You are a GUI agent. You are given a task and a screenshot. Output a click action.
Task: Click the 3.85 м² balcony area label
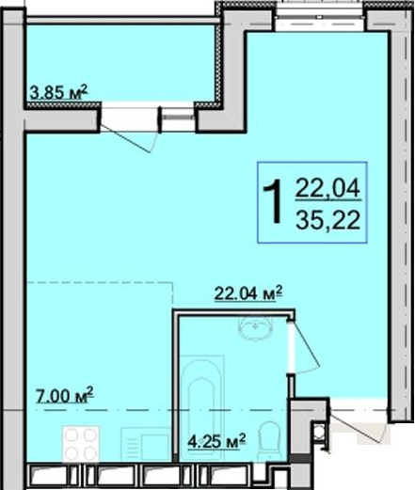click(x=58, y=92)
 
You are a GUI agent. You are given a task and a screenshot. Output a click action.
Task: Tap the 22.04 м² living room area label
click(x=248, y=293)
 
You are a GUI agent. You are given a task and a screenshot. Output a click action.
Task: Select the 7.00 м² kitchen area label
click(x=65, y=396)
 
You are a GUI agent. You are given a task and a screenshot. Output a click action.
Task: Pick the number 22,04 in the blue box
click(x=327, y=188)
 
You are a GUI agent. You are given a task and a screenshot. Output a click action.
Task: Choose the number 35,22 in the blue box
click(x=327, y=220)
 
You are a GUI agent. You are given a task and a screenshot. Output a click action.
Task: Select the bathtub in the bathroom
click(x=202, y=407)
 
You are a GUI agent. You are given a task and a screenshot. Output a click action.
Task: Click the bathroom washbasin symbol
click(x=256, y=328)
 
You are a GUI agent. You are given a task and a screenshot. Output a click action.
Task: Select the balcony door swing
click(x=129, y=138)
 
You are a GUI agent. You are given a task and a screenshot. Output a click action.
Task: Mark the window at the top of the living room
click(x=320, y=16)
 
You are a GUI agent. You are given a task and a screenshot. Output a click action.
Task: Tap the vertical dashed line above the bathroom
click(x=172, y=293)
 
